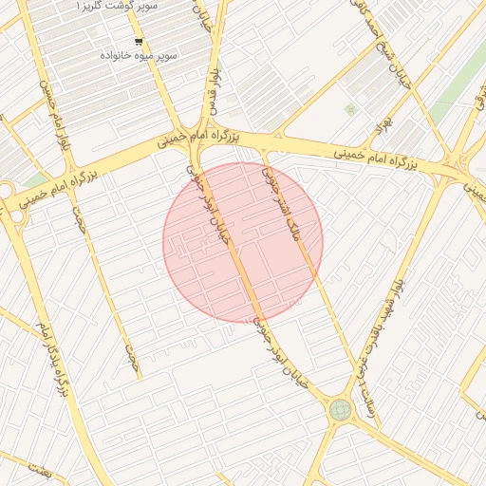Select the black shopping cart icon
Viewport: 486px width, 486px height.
140,42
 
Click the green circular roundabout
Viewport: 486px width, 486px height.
340,410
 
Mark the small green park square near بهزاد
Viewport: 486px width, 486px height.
351,110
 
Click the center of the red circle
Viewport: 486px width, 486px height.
243,242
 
